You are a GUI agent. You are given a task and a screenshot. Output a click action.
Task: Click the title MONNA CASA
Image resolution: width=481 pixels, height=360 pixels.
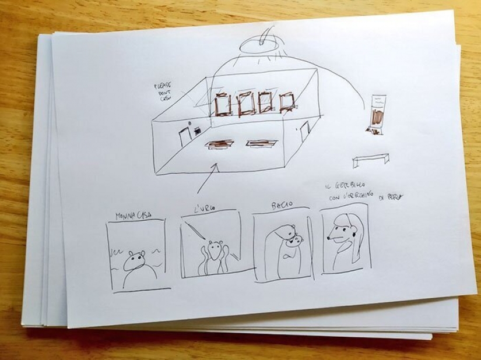click(x=134, y=215)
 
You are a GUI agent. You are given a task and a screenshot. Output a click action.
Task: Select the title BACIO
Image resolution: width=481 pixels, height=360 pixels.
click(x=282, y=206)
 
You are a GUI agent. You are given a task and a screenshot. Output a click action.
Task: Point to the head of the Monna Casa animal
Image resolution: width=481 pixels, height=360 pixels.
click(x=138, y=257)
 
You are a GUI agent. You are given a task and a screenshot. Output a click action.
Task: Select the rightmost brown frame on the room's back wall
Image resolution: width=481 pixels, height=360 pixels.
click(x=287, y=102)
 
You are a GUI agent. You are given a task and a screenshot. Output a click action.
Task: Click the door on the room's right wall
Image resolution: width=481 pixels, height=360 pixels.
click(x=304, y=131)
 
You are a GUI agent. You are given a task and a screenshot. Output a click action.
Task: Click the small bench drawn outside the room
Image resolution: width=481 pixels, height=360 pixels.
click(x=371, y=158)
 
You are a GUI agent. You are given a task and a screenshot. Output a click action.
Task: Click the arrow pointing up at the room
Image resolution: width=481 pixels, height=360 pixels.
click(x=208, y=177)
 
